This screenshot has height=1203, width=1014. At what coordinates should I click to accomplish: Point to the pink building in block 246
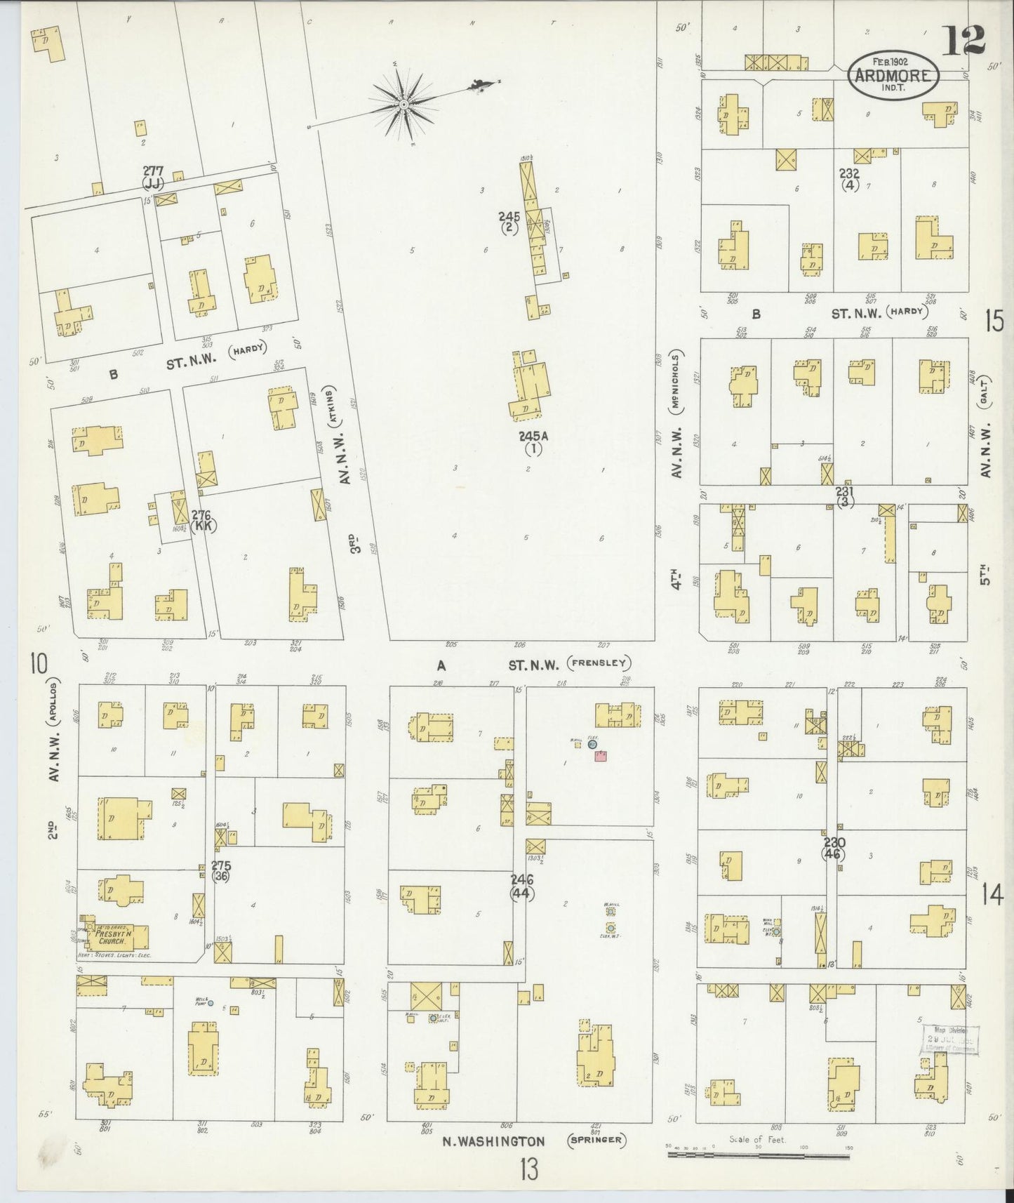click(x=601, y=756)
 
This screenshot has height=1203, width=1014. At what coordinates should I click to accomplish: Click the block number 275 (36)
click(x=222, y=871)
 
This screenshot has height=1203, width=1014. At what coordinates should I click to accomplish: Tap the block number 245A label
click(x=533, y=441)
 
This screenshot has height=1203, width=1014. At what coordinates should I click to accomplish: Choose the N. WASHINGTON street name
click(x=493, y=1141)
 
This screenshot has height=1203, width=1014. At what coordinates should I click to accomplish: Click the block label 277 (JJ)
click(x=153, y=176)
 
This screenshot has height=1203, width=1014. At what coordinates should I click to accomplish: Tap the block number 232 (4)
click(x=850, y=179)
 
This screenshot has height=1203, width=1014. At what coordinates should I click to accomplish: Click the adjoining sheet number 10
click(x=38, y=662)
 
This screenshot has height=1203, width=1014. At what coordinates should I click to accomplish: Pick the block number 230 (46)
click(x=834, y=849)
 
